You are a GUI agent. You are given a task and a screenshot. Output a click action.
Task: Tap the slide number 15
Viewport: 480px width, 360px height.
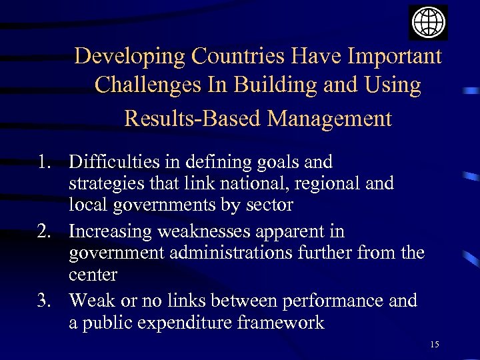435,344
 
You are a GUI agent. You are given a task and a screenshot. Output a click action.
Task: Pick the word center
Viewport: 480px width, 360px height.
93,275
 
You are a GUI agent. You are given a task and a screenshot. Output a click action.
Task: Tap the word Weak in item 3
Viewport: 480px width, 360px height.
91,301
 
